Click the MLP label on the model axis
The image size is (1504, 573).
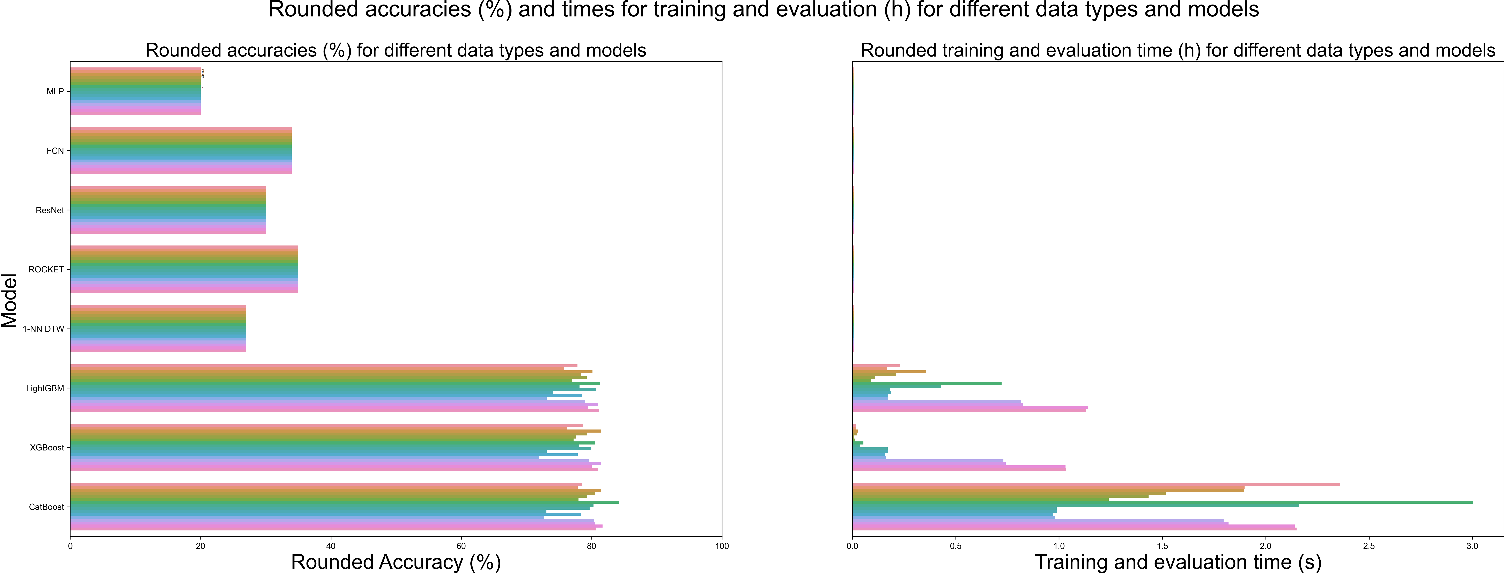coord(55,92)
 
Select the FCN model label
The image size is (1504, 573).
coord(55,151)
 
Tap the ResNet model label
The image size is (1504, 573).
coord(50,210)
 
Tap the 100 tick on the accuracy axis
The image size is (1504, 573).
coord(722,546)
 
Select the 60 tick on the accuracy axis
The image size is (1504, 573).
coord(461,546)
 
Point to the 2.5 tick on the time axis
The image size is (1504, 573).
coord(1369,546)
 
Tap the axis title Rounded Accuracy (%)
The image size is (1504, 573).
coord(396,562)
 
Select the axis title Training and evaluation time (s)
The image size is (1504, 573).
coord(1178,562)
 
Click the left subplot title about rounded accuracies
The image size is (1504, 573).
coord(396,50)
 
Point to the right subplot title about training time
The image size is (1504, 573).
coord(1178,50)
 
